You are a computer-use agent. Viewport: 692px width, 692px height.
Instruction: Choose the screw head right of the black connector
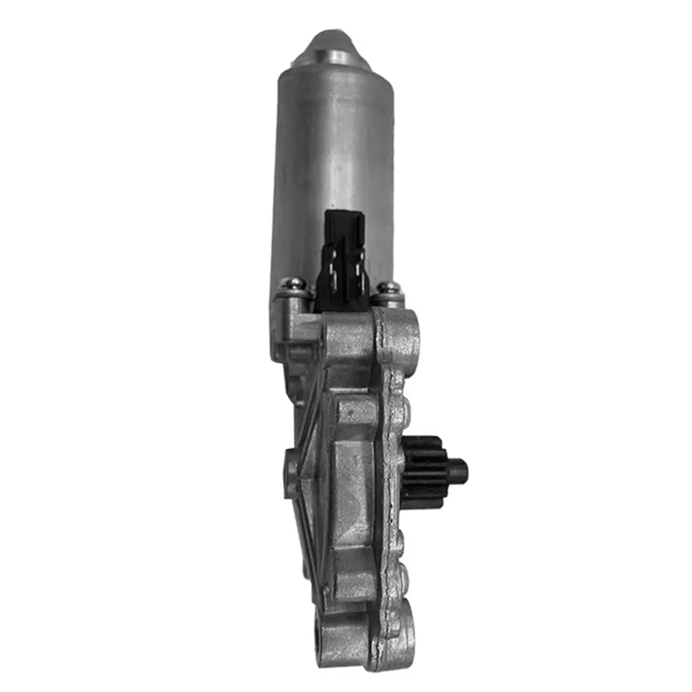[388, 288]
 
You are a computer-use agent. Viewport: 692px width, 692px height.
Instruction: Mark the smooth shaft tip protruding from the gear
[458, 471]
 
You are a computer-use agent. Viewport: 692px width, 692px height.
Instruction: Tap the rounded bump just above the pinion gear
[399, 407]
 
